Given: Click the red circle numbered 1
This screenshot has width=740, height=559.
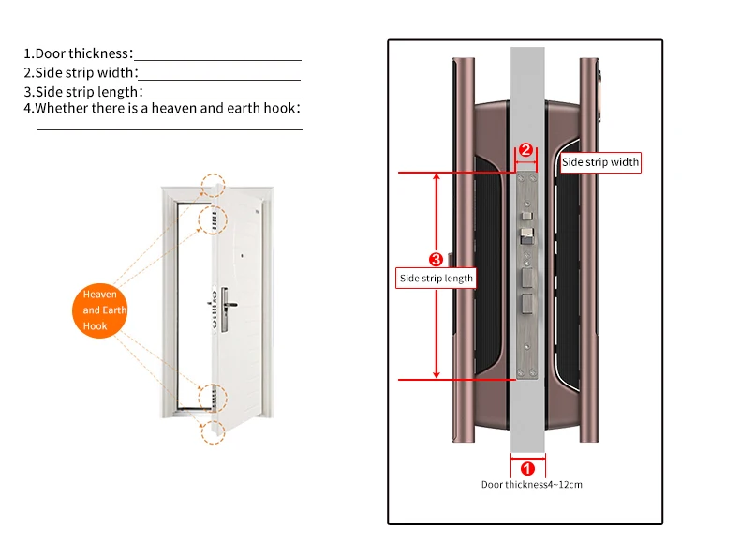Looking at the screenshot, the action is (526, 468).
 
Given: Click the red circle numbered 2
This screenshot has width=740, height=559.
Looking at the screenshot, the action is (525, 150).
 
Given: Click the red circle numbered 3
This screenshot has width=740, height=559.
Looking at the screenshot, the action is (435, 259).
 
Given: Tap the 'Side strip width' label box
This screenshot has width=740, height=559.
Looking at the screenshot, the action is (600, 162).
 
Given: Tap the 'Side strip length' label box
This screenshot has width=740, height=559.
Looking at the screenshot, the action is (437, 279).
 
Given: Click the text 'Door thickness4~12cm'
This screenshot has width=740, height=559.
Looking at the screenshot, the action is (531, 485).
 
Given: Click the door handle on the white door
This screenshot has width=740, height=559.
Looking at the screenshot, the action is (226, 302).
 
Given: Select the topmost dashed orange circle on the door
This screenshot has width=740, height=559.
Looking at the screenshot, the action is (214, 184).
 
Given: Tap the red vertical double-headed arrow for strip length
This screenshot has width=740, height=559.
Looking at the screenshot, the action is (436, 319).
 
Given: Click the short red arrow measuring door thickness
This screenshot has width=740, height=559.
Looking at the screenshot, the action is (526, 456).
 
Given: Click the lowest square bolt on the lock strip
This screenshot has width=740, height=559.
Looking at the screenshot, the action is (526, 305).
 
